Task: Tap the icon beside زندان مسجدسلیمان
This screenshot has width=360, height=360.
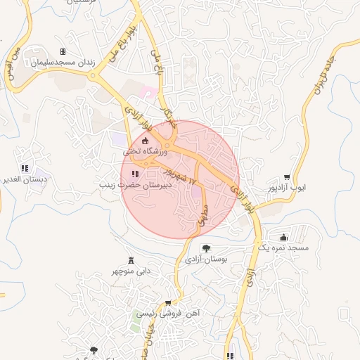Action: [63, 52]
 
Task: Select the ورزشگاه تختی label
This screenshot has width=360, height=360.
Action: [146, 151]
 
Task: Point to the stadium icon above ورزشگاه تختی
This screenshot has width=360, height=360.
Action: [146, 141]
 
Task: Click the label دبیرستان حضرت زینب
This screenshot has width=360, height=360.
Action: [134, 185]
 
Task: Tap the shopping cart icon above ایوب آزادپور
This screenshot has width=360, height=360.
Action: [288, 177]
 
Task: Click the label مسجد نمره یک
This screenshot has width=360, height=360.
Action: [283, 247]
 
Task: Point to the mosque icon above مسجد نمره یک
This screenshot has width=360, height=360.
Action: [283, 237]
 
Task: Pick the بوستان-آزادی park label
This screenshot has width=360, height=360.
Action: [207, 259]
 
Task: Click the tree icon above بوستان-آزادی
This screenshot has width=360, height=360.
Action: [206, 248]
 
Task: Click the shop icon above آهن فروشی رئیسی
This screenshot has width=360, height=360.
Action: [168, 304]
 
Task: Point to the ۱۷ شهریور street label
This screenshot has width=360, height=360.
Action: [179, 173]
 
